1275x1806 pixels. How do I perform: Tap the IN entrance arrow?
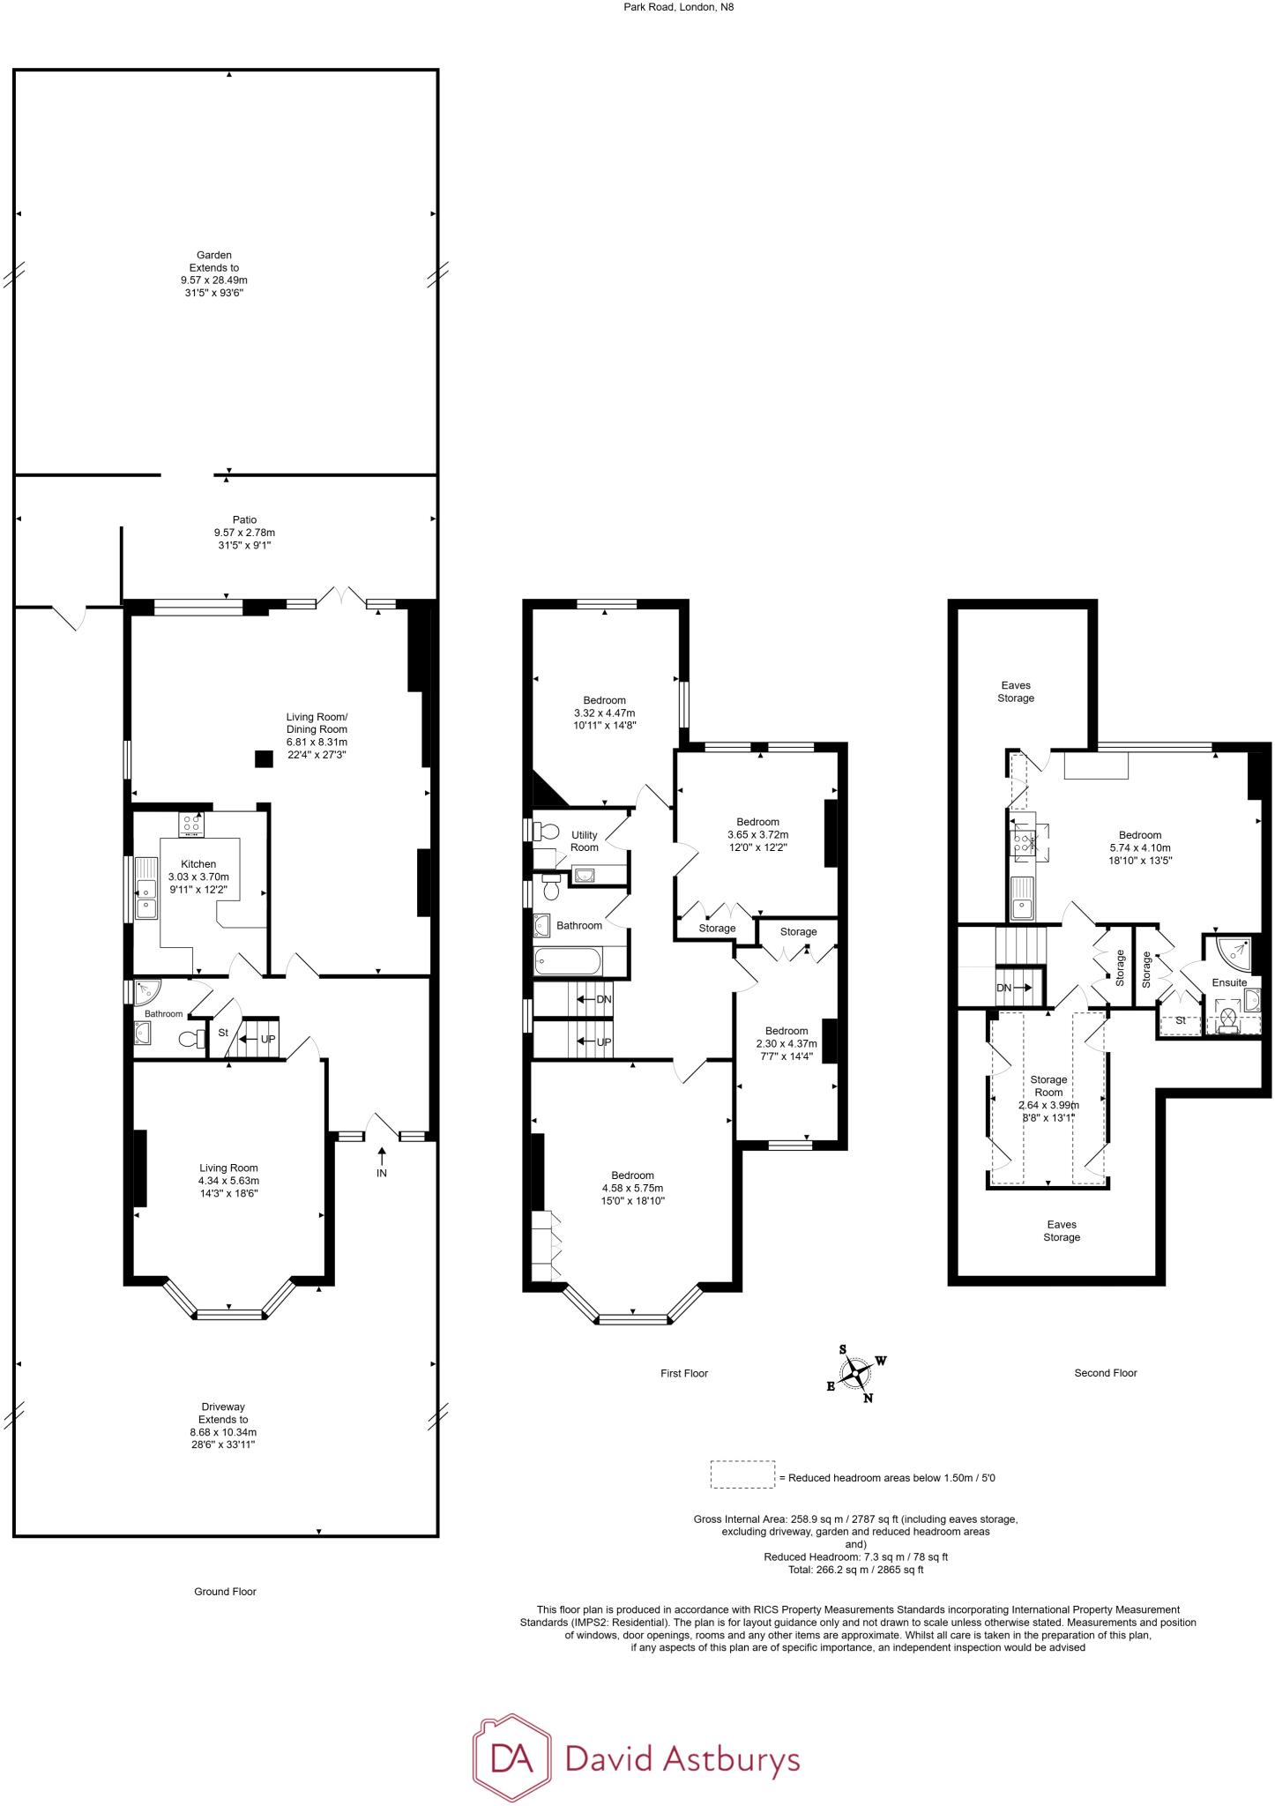382,1160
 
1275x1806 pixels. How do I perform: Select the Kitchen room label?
198,864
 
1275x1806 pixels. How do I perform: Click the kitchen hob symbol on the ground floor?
191,825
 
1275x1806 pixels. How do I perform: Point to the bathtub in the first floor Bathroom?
569,960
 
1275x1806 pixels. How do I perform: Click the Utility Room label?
584,841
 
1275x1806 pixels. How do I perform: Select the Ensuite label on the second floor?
1229,982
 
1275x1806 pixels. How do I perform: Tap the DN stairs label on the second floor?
1004,988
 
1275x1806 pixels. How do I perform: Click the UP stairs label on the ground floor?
268,1039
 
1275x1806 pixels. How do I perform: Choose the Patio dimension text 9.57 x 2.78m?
244,533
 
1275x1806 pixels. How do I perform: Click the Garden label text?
214,255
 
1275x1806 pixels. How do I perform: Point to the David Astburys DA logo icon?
511,1757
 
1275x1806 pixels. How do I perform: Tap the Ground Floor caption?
225,1592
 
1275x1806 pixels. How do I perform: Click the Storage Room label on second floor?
1048,1086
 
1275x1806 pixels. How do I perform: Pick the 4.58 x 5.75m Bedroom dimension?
632,1188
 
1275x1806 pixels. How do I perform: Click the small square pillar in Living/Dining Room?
263,757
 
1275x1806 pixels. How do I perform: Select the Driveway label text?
223,1407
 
